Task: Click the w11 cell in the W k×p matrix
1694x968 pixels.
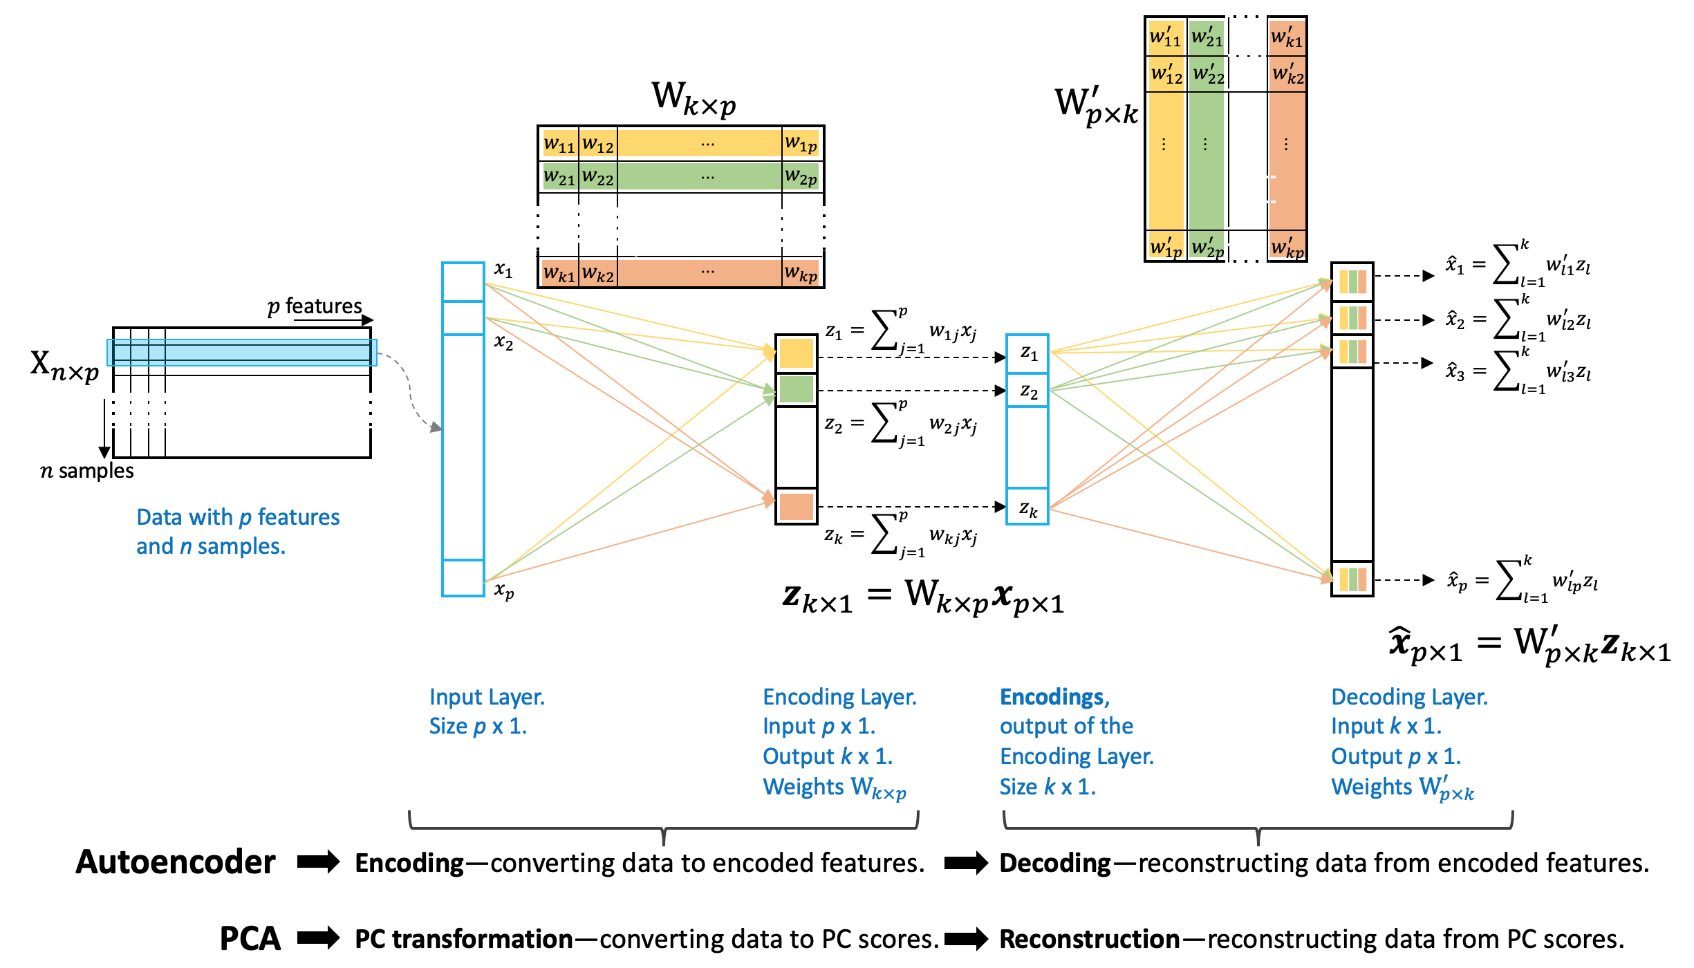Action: (559, 144)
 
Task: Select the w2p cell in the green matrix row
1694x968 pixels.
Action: (801, 177)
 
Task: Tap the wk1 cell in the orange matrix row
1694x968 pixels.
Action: (559, 273)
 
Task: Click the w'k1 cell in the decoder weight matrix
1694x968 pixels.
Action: (1287, 37)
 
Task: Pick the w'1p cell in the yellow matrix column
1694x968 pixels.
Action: (1165, 247)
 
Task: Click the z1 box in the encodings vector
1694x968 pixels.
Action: (1028, 354)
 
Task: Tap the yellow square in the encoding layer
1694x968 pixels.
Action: (797, 353)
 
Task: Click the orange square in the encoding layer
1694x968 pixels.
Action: (797, 506)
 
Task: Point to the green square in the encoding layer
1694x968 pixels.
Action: (797, 389)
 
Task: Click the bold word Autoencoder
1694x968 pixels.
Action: (176, 862)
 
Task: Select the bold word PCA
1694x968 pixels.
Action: (250, 938)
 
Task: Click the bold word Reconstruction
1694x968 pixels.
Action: (1090, 939)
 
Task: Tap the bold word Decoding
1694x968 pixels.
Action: (1055, 863)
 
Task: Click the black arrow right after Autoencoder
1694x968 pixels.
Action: (319, 862)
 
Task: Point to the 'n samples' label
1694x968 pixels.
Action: (87, 471)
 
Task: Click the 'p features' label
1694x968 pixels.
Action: (315, 306)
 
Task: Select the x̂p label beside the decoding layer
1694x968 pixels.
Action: (1457, 581)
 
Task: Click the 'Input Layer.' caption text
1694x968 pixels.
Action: (487, 697)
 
